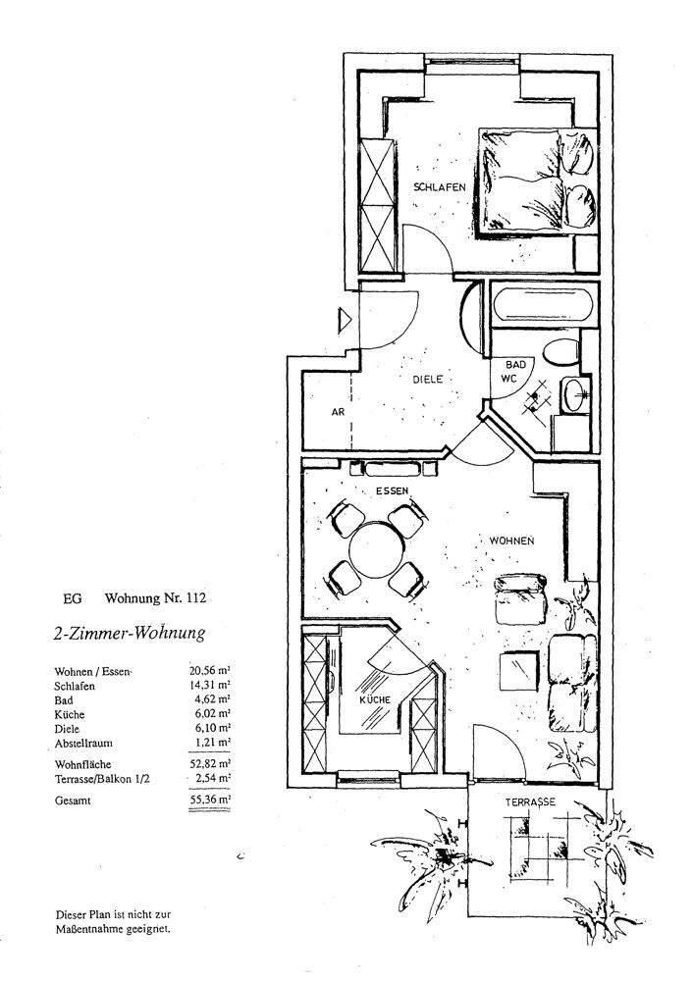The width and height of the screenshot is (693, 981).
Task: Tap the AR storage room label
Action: click(338, 413)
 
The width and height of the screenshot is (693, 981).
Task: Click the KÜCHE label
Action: click(374, 699)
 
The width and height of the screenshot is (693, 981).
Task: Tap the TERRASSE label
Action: click(530, 802)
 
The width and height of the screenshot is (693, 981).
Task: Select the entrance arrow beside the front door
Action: click(345, 320)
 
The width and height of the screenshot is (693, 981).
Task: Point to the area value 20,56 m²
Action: click(210, 670)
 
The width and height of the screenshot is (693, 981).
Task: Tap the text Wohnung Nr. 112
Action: click(156, 596)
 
